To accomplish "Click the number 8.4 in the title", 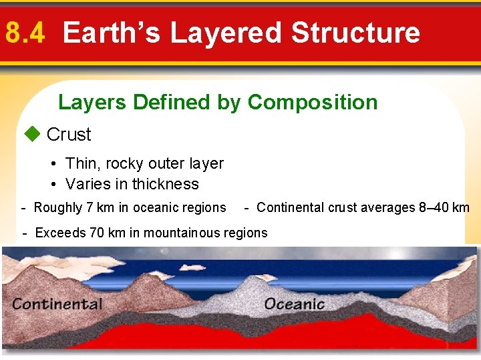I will pyautogui.click(x=25, y=33).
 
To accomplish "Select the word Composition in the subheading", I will pyautogui.click(x=312, y=102).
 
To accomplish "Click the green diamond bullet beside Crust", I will pyautogui.click(x=32, y=134).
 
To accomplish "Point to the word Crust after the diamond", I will pyautogui.click(x=69, y=135).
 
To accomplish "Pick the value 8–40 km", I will pyautogui.click(x=444, y=208).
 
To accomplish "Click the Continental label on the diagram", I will pyautogui.click(x=57, y=305).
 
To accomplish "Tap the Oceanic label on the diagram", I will pyautogui.click(x=294, y=305).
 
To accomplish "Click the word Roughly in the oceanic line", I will pyautogui.click(x=58, y=208).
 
